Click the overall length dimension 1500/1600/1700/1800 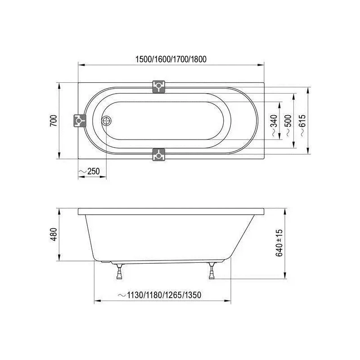pyautogui.click(x=171, y=59)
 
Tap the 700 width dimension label pyautogui.click(x=54, y=121)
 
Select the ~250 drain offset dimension pyautogui.click(x=89, y=171)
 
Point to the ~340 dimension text pyautogui.click(x=274, y=126)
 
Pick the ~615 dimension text pyautogui.click(x=302, y=126)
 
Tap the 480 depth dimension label pyautogui.click(x=54, y=234)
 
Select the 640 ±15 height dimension pyautogui.click(x=279, y=243)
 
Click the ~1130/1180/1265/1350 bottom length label pyautogui.click(x=160, y=295)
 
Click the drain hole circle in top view pyautogui.click(x=106, y=121)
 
